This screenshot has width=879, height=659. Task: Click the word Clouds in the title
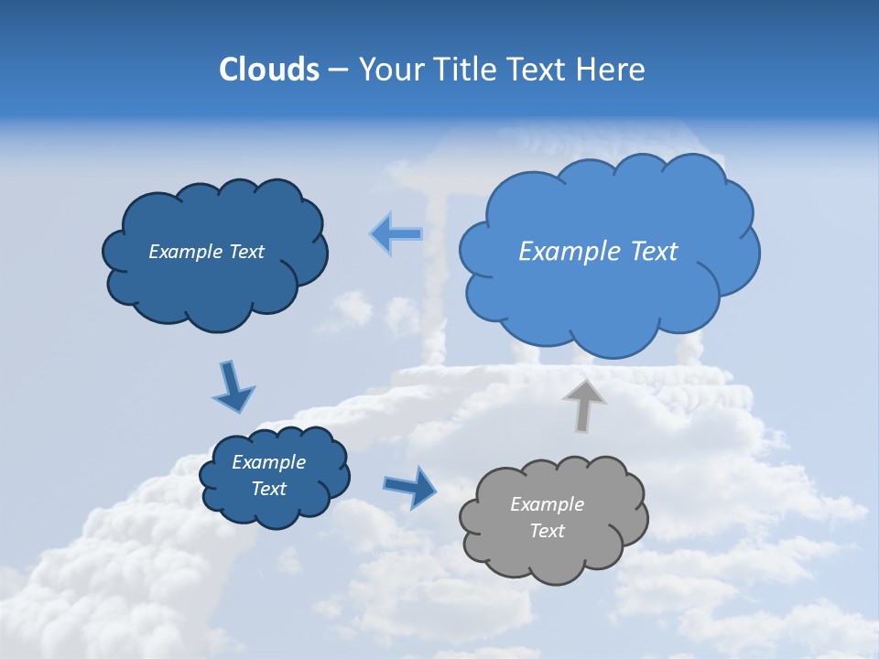(x=269, y=70)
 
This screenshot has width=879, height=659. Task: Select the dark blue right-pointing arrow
(x=411, y=486)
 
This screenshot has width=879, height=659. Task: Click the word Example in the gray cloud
(x=547, y=504)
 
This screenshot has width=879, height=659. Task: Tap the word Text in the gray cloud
(x=547, y=531)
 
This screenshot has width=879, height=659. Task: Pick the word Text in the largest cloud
(x=655, y=252)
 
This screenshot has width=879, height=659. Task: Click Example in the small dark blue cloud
(x=268, y=462)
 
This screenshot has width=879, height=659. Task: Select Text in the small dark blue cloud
(x=268, y=489)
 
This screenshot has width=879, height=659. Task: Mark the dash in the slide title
(x=338, y=70)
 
